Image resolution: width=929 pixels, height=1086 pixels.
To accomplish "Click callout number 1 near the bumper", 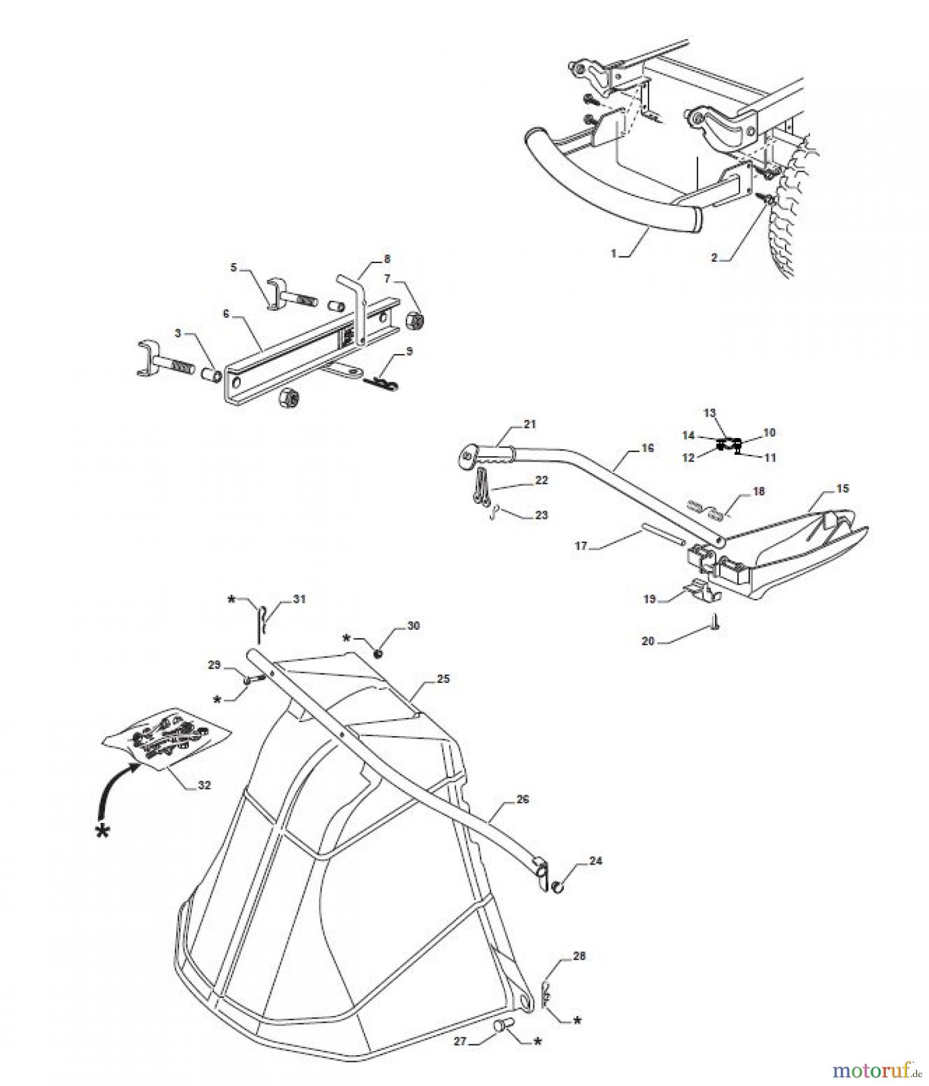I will [x=614, y=254].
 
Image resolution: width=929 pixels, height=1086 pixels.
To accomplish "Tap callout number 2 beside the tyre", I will [x=714, y=258].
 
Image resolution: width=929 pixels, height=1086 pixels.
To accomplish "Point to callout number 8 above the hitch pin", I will [x=387, y=259].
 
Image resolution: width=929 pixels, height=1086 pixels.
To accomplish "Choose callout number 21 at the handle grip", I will [x=530, y=424].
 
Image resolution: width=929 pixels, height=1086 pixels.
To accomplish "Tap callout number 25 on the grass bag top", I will [x=443, y=679].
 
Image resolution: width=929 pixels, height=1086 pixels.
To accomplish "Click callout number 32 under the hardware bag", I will [x=205, y=786].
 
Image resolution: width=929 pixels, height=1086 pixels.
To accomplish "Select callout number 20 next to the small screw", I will [x=648, y=641].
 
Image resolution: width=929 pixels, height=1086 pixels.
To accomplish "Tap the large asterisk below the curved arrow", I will [x=104, y=831].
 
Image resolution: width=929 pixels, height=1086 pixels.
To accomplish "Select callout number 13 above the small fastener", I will [x=709, y=413].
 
